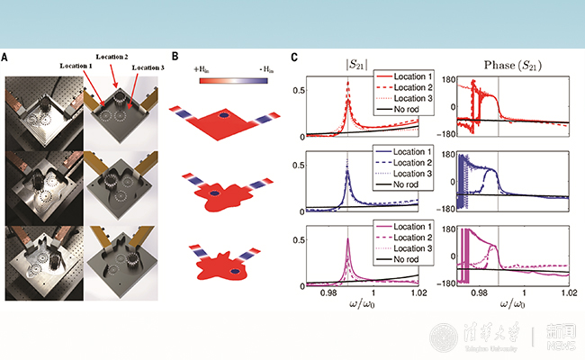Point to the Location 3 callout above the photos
coord(152,67)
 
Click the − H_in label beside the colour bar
coord(267,68)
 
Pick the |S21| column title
coord(347,64)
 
